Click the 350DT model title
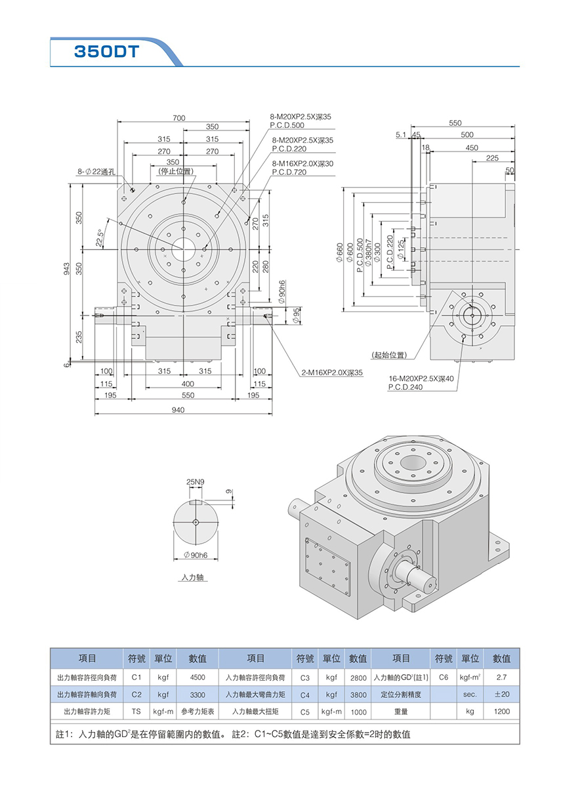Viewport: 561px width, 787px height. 106,51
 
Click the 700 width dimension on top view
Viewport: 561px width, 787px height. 179,118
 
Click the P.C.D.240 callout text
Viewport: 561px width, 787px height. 405,387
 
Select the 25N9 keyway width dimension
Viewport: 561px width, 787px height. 196,481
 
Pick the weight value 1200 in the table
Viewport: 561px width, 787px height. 502,711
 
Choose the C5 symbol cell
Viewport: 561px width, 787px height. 304,711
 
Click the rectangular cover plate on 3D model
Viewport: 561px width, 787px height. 326,563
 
